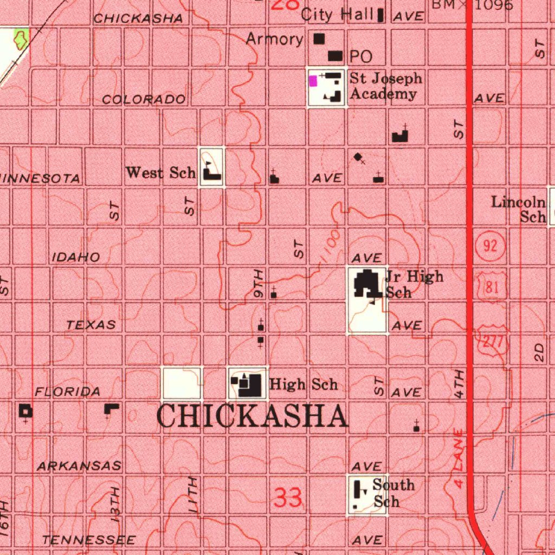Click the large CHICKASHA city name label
[253, 417]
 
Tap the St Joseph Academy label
[385, 86]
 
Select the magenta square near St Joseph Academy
[313, 81]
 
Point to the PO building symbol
[336, 56]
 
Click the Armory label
[274, 39]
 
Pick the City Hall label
[337, 14]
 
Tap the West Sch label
[160, 173]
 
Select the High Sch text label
[304, 385]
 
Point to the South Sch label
[393, 493]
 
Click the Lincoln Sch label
[519, 209]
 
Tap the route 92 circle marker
[490, 246]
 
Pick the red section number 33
[287, 498]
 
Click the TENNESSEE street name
[89, 540]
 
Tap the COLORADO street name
[144, 100]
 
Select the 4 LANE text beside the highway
[459, 458]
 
